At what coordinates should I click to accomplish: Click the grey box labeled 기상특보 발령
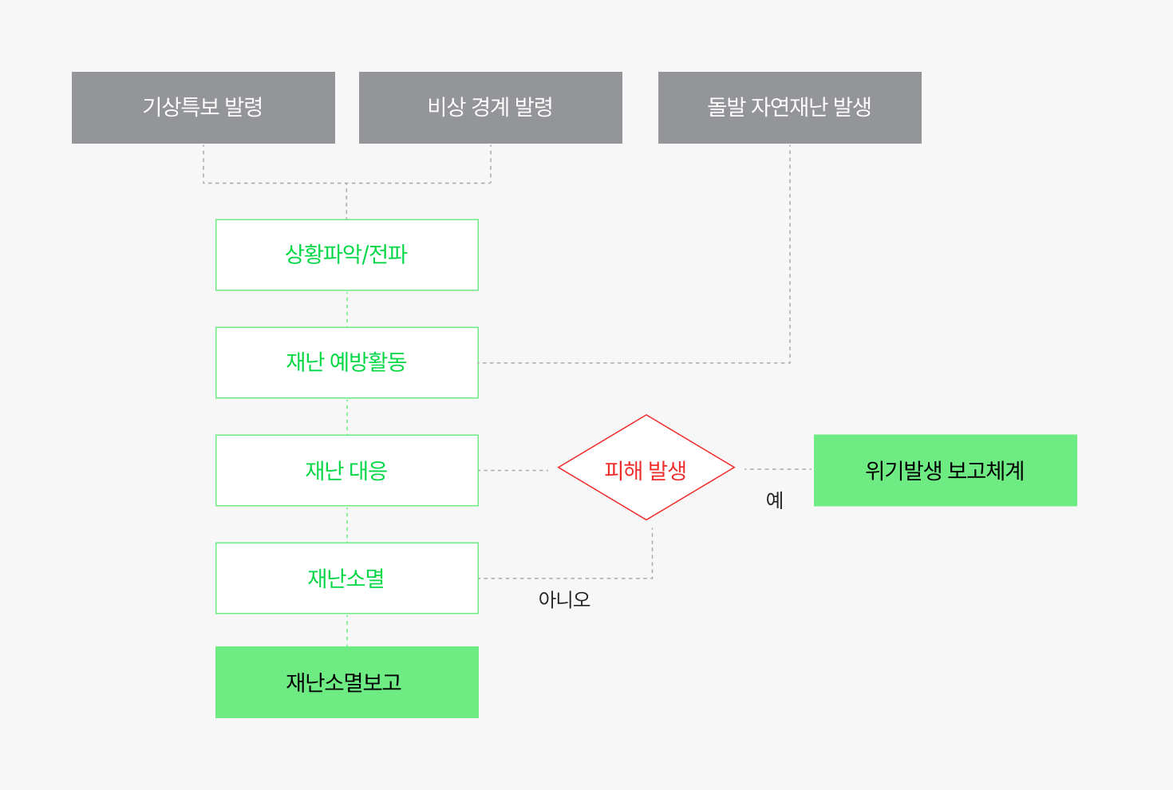[x=203, y=107]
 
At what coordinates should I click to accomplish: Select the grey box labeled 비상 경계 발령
[x=491, y=107]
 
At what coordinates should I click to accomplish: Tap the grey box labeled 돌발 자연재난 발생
[x=790, y=107]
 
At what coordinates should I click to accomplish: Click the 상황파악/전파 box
[x=346, y=255]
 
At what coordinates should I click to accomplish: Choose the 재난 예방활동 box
[x=346, y=363]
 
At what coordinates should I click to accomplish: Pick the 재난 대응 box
[x=346, y=470]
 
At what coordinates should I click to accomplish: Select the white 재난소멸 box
[x=346, y=578]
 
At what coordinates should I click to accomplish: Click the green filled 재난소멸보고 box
[x=346, y=682]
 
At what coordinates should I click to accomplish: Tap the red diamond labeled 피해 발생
[x=646, y=468]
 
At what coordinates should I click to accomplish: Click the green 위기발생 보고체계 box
[x=946, y=470]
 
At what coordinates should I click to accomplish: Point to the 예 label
[x=775, y=500]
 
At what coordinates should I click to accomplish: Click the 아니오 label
[x=564, y=599]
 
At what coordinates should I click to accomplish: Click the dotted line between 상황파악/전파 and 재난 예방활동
[x=346, y=309]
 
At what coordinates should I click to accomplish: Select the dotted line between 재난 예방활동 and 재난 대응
[x=346, y=417]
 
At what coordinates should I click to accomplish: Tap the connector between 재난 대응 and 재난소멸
[x=346, y=524]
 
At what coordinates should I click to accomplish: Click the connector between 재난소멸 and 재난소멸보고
[x=346, y=630]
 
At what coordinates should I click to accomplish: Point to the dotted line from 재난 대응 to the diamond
[x=514, y=470]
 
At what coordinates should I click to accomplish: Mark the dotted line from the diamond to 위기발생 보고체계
[x=778, y=469]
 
